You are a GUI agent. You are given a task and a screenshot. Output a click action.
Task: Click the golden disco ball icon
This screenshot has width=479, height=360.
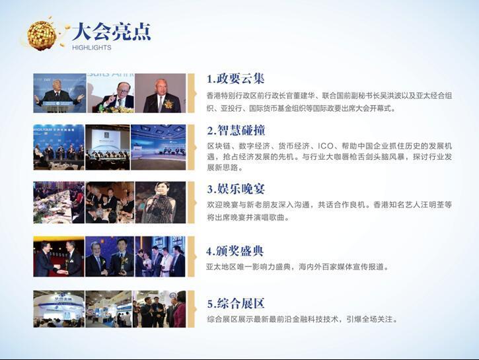42,36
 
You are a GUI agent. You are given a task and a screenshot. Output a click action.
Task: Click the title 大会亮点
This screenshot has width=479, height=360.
112,32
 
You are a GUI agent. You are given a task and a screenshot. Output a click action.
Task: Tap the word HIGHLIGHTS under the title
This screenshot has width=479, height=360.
92,48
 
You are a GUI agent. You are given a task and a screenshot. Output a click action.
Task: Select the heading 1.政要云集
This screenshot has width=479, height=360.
235,79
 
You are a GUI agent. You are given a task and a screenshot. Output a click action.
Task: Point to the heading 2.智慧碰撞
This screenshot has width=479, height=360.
236,130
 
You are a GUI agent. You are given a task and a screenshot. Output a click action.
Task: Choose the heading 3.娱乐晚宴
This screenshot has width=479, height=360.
236,189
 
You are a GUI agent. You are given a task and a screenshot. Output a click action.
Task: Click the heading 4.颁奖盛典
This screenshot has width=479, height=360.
235,251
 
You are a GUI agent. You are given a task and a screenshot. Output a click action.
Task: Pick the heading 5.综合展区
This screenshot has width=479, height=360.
236,303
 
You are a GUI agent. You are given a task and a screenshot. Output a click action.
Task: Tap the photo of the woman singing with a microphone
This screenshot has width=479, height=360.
161,202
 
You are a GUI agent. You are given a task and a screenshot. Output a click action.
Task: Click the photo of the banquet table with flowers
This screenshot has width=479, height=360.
59,202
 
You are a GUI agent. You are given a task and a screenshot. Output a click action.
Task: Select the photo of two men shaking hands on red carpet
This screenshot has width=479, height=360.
59,256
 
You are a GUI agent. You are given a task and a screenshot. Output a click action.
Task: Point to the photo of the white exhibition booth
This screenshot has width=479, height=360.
59,309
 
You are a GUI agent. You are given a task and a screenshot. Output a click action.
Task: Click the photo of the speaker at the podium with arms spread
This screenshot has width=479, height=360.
59,93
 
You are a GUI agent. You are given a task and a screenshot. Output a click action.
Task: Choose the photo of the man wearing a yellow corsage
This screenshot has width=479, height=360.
161,93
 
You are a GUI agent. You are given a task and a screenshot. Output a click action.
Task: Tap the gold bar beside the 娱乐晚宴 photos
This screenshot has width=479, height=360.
191,202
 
